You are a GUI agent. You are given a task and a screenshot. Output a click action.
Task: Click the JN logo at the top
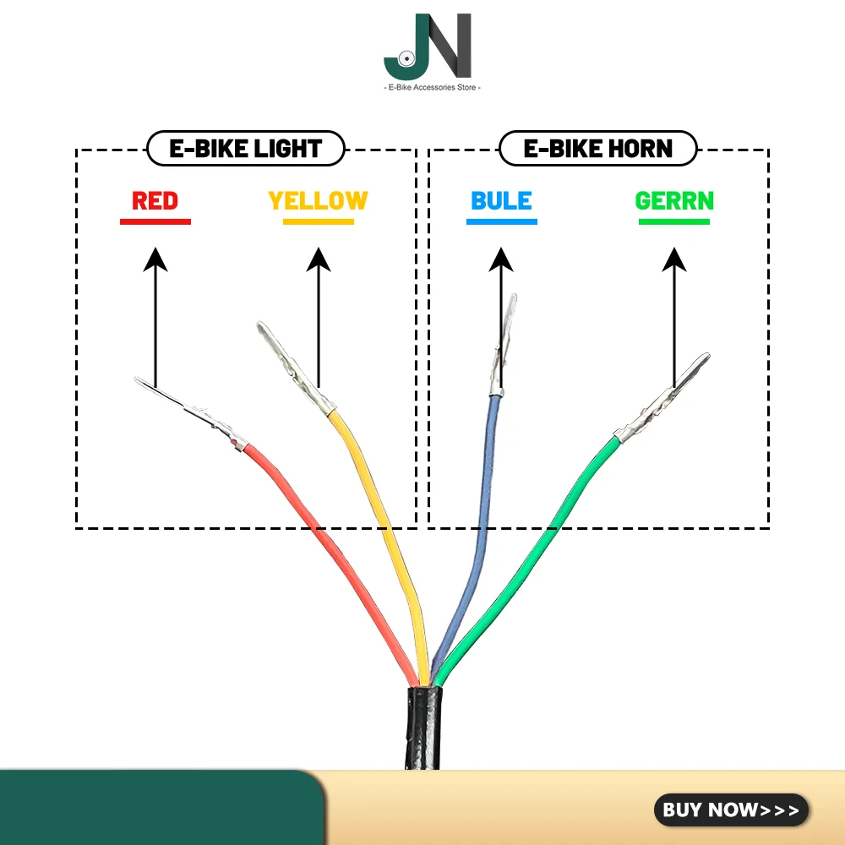(427, 46)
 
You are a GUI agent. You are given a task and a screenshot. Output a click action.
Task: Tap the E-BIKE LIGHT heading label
(246, 150)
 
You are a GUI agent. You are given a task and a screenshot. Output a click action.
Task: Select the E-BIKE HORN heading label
(598, 150)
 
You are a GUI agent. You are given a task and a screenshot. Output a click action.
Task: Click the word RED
(155, 201)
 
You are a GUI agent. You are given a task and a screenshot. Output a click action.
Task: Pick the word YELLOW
(318, 201)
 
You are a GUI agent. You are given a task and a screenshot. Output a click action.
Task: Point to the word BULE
(501, 201)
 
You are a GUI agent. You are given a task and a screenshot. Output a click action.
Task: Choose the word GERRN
(674, 201)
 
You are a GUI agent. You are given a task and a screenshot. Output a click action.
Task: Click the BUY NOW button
(731, 810)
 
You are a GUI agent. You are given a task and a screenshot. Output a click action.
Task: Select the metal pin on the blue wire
(504, 346)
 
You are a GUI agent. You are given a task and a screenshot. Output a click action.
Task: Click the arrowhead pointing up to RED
(155, 258)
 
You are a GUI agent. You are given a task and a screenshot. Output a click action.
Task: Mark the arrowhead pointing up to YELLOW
(318, 258)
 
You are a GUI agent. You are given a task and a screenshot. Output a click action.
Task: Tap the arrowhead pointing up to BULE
(501, 258)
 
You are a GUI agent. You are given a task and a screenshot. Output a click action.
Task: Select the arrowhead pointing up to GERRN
(674, 258)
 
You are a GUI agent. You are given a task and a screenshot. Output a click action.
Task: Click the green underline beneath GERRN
(674, 222)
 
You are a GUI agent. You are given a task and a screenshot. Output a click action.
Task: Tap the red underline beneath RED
(155, 222)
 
